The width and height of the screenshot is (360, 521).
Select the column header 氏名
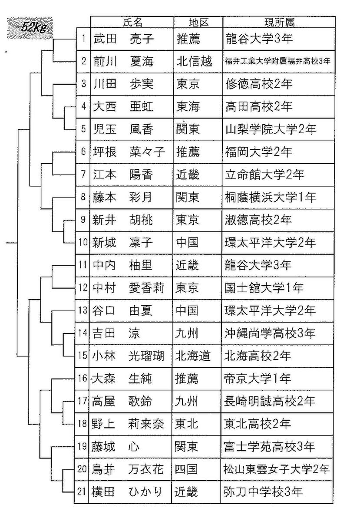(132, 22)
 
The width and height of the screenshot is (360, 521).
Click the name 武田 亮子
(123, 39)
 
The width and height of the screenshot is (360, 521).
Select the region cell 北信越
(194, 61)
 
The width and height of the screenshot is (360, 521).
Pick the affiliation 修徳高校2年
(259, 84)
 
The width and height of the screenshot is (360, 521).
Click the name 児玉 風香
(123, 129)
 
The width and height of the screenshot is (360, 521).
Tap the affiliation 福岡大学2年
(259, 152)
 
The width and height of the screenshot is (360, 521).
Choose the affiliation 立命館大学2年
(265, 174)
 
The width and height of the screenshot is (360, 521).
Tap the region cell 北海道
(193, 356)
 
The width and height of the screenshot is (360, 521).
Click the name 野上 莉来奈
(128, 424)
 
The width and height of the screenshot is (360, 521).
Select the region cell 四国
(187, 469)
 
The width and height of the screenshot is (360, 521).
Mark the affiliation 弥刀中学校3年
(263, 491)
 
